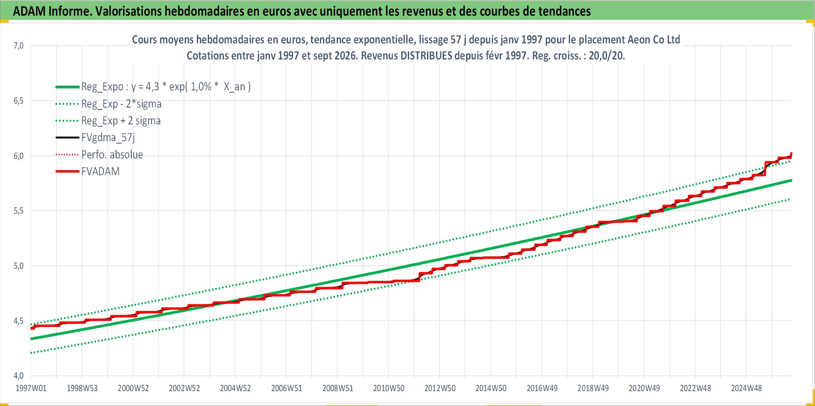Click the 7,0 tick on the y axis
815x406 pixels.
coord(18,46)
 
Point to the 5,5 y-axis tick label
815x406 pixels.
coord(18,211)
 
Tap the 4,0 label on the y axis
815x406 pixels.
coord(18,376)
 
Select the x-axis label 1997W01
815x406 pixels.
coord(31,388)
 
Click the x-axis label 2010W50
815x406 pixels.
coord(389,388)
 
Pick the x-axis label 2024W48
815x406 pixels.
coord(746,388)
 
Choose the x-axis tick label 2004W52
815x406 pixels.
coord(235,388)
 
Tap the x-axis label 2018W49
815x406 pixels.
coord(593,388)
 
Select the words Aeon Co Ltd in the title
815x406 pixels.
coord(654,40)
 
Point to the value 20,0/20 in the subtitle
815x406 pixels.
coord(606,56)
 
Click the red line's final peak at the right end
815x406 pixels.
coord(791,153)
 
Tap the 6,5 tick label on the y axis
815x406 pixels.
coord(18,101)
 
